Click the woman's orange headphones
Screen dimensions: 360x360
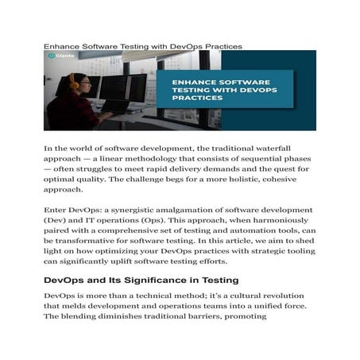coord(73,81)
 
